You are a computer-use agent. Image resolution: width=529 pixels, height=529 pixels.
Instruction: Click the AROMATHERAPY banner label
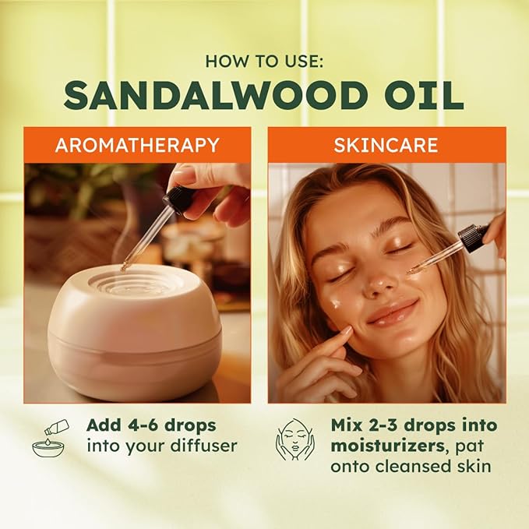coord(137,145)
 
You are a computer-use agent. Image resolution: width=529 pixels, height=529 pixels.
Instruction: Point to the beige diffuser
coord(133,330)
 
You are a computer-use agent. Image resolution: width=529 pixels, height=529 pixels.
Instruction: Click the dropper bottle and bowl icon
coord(51,438)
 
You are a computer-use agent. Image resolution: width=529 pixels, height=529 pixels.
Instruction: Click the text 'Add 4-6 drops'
coord(151,426)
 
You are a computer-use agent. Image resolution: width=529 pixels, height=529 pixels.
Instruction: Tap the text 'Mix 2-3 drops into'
coord(403,426)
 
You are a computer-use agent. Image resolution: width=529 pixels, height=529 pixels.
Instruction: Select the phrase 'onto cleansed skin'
coord(400,467)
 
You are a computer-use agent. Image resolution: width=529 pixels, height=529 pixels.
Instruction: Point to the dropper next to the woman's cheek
coord(448,249)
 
